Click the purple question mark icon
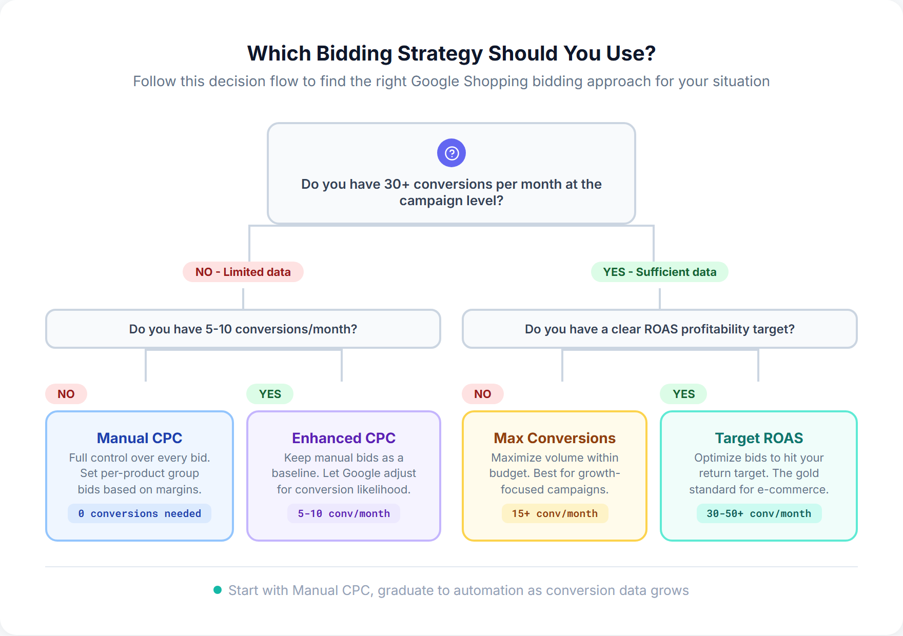pos(451,153)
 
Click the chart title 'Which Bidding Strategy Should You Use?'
pos(451,53)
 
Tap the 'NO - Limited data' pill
pos(243,272)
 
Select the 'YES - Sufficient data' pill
pos(659,272)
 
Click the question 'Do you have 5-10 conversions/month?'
pos(243,329)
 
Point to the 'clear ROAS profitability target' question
pos(659,329)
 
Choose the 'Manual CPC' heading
pos(140,438)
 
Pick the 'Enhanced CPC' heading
pos(344,438)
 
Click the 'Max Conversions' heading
pos(555,438)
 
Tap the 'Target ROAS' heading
pos(759,438)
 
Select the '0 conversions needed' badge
pos(140,513)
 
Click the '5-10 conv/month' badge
pos(344,513)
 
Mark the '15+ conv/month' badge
pos(555,513)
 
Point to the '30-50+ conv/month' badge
pos(759,513)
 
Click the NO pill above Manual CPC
pos(66,394)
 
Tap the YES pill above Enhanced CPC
pos(270,394)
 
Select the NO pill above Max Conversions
pos(482,394)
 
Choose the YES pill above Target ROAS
pos(683,394)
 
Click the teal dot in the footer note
pos(218,590)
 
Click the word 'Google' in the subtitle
pos(435,81)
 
